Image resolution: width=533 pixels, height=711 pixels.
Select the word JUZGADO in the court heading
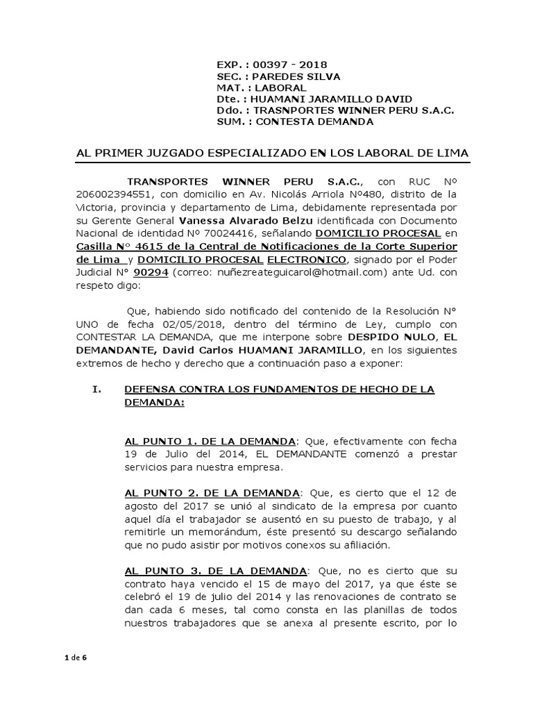pyautogui.click(x=192, y=152)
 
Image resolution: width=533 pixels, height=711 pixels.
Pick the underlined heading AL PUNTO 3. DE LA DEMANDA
pyautogui.click(x=215, y=571)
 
